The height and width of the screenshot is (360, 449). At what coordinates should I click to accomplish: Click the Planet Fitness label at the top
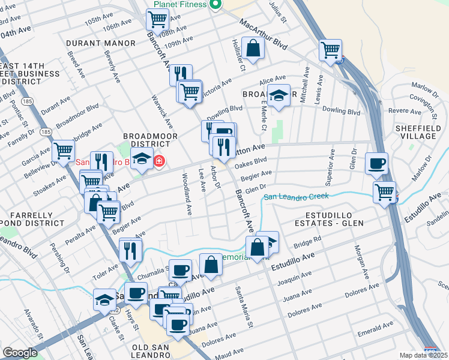pyautogui.click(x=179, y=4)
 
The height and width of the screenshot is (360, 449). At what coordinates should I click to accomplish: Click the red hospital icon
pyautogui.click(x=158, y=161)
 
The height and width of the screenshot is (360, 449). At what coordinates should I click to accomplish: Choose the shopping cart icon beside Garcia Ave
pyautogui.click(x=63, y=151)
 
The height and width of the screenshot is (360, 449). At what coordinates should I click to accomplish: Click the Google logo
pyautogui.click(x=20, y=353)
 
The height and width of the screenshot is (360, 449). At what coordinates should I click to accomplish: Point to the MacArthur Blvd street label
pyautogui.click(x=263, y=35)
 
